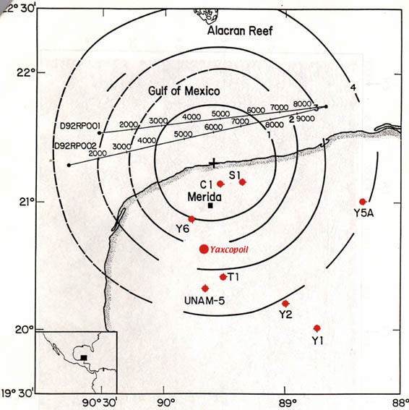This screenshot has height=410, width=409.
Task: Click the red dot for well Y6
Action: tap(191, 219)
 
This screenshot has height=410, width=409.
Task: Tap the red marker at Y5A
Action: tap(362, 202)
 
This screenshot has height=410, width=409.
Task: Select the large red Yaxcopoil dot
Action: tap(204, 249)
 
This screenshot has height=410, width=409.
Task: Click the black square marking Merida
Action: tap(210, 205)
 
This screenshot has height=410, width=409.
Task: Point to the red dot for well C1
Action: tap(220, 184)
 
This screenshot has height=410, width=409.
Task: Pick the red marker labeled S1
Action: tap(242, 182)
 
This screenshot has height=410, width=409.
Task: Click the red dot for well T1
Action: tap(223, 277)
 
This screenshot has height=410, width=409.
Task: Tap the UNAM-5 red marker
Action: tap(205, 289)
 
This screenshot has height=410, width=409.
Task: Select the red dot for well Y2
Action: tap(285, 304)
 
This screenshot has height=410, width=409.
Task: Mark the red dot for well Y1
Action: tap(317, 328)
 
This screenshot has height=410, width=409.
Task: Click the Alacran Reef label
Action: tap(240, 31)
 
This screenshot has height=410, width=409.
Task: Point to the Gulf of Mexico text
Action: tap(184, 91)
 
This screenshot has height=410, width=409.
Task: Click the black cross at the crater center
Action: tap(214, 163)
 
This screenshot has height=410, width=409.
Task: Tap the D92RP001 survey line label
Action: tap(80, 126)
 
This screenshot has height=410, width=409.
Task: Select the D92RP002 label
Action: tap(76, 146)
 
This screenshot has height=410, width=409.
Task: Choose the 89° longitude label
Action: tap(285, 403)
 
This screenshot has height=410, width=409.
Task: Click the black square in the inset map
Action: tap(84, 358)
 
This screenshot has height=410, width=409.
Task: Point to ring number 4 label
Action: tap(353, 87)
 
